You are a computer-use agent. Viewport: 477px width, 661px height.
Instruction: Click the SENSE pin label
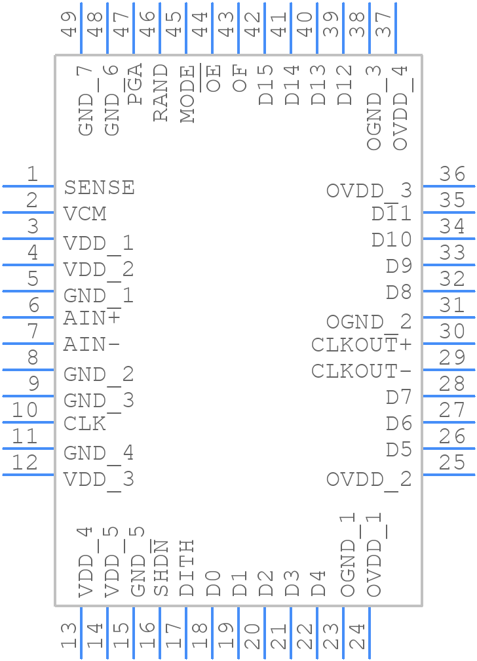(99, 188)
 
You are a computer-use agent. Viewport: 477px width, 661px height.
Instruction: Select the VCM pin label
(85, 214)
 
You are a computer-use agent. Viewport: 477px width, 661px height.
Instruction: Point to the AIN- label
(92, 344)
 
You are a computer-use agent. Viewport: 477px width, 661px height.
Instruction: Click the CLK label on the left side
(85, 424)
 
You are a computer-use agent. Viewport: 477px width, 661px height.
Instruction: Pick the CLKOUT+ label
(361, 345)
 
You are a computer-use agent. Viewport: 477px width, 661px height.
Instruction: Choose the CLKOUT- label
(361, 371)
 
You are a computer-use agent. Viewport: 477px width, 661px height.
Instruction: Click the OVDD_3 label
(369, 191)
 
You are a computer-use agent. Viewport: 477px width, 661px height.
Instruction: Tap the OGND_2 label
(369, 322)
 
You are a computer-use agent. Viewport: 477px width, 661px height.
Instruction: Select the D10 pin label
(392, 240)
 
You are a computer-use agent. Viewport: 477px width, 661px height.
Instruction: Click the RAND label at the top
(161, 92)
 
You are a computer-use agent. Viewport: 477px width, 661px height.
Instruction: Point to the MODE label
(187, 94)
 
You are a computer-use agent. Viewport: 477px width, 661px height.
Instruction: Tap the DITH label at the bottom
(187, 568)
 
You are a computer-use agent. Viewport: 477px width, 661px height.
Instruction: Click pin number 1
(31, 174)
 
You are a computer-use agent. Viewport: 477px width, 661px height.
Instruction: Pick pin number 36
(452, 174)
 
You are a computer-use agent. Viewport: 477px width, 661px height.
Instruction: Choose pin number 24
(356, 637)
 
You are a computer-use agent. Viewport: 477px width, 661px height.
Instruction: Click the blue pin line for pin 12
(28, 474)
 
